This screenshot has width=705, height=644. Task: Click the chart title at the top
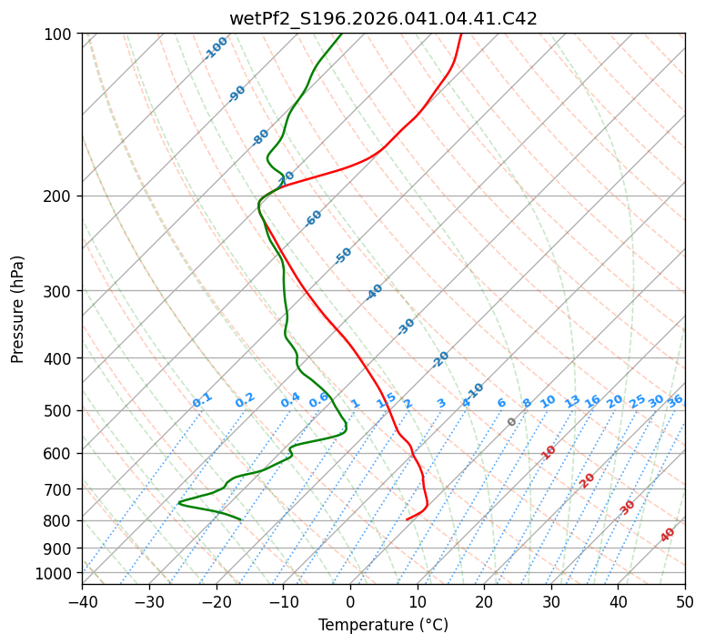pyautogui.click(x=383, y=18)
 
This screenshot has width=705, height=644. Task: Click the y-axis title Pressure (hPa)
pyautogui.click(x=18, y=309)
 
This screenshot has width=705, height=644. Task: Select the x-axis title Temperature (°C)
pyautogui.click(x=383, y=625)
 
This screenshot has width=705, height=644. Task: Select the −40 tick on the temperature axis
pyautogui.click(x=82, y=602)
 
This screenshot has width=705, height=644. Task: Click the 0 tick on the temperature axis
pyautogui.click(x=350, y=602)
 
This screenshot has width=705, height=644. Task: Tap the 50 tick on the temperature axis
pyautogui.click(x=685, y=602)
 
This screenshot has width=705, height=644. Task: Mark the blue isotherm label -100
pyautogui.click(x=217, y=48)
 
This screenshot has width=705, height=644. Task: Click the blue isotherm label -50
pyautogui.click(x=343, y=256)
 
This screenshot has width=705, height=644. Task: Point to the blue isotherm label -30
pyautogui.click(x=407, y=327)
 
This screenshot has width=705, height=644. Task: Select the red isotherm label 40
pyautogui.click(x=668, y=535)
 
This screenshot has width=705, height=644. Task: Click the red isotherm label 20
pyautogui.click(x=588, y=479)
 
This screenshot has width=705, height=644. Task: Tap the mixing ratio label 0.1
pyautogui.click(x=202, y=400)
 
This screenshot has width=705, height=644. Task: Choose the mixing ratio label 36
pyautogui.click(x=675, y=400)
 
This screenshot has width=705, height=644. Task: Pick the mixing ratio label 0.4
pyautogui.click(x=290, y=400)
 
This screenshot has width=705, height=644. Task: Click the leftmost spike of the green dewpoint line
pyautogui.click(x=178, y=502)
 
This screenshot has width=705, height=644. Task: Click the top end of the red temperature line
pyautogui.click(x=461, y=35)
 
